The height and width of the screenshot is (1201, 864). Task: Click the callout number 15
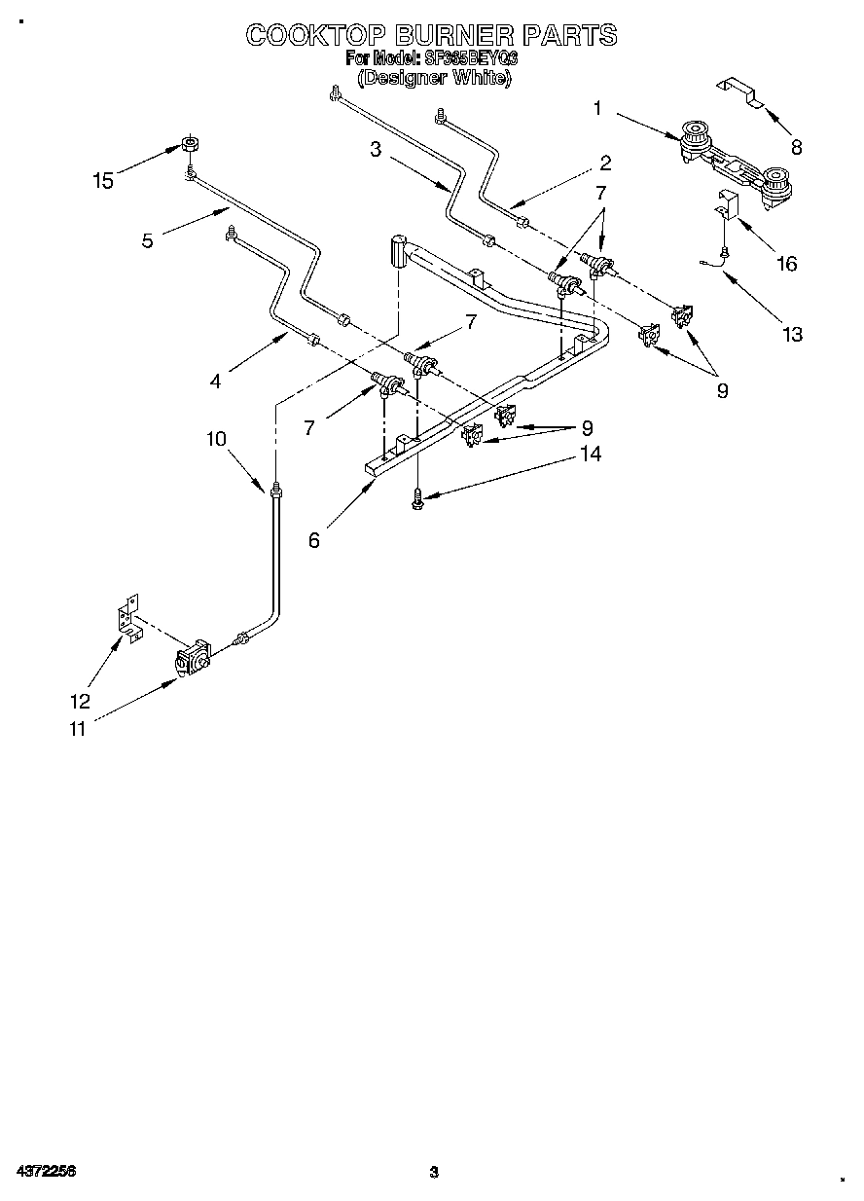tap(102, 180)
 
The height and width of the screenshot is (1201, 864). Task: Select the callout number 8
tap(796, 148)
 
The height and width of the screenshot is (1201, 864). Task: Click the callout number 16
tap(786, 263)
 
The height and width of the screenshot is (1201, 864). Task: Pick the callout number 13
tap(792, 335)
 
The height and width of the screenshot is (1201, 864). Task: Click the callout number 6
tap(313, 540)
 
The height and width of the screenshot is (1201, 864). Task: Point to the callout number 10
tap(215, 439)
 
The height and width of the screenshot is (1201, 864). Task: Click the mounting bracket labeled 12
tap(126, 623)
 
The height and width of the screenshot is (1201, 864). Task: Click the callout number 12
tap(80, 701)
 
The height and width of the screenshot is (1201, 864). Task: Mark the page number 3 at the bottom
tap(434, 1172)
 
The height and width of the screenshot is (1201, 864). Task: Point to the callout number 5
tap(147, 240)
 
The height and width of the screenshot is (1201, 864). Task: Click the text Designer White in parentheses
tap(433, 79)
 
